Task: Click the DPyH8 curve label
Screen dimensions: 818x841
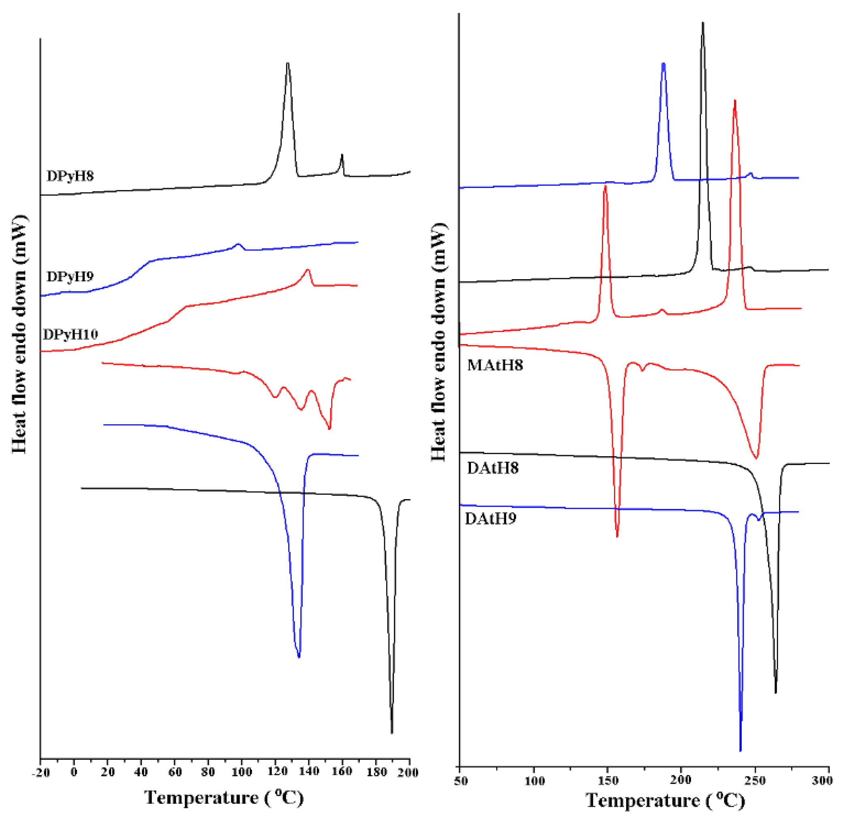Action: click(x=70, y=176)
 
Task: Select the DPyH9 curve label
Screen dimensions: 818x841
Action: click(x=70, y=276)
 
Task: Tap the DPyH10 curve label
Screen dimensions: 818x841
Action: click(x=71, y=334)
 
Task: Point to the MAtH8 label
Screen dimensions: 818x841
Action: click(x=494, y=365)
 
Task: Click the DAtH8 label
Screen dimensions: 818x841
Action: click(x=492, y=468)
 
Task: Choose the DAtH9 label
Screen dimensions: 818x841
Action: click(x=490, y=519)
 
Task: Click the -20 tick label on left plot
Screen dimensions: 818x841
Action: click(x=41, y=773)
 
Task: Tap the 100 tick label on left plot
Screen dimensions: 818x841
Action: click(x=242, y=773)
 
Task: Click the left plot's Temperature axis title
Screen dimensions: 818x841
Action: click(x=224, y=797)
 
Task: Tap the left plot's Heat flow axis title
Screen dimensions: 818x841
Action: click(x=19, y=334)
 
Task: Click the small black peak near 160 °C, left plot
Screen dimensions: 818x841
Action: click(x=342, y=155)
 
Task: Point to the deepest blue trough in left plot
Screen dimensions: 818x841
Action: click(x=299, y=657)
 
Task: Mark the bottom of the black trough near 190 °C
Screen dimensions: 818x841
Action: click(x=392, y=732)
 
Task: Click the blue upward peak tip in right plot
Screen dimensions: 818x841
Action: click(x=663, y=64)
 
